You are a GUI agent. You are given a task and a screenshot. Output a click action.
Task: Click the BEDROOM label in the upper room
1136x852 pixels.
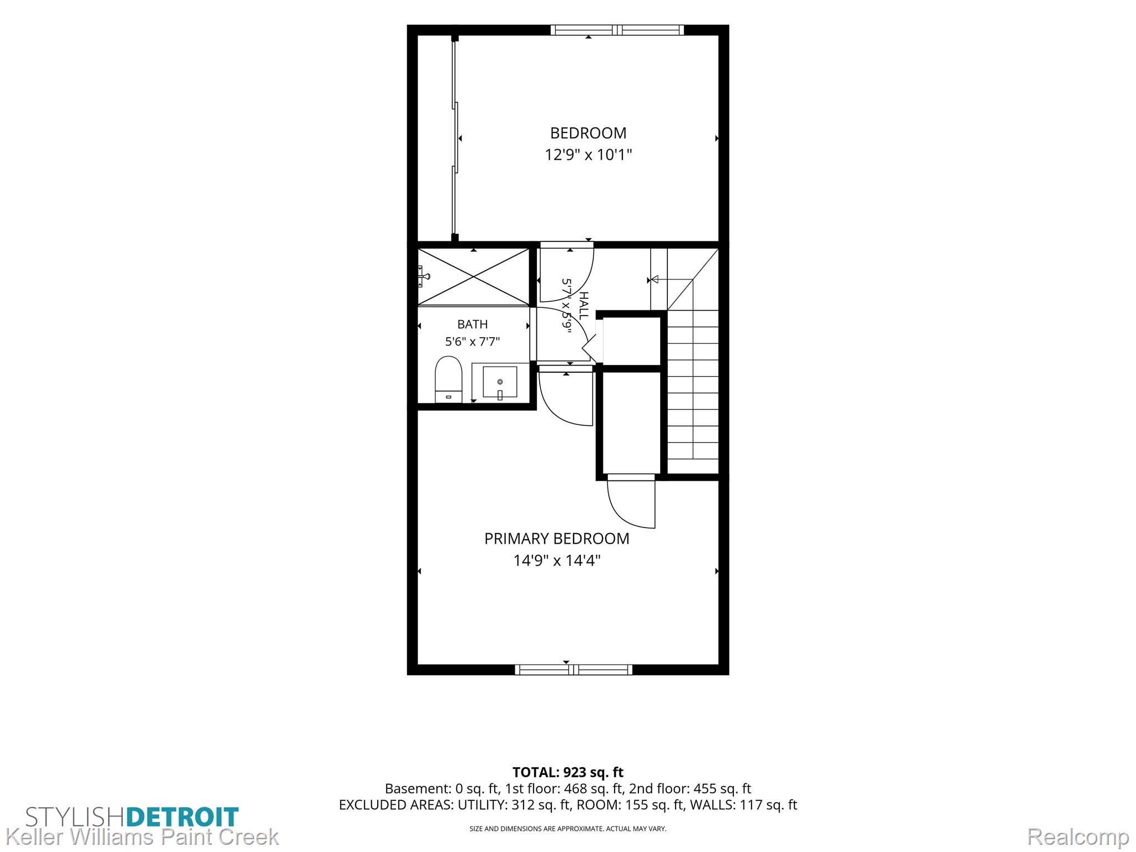click(x=588, y=133)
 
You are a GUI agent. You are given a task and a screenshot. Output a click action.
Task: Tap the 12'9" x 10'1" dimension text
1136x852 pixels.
click(x=588, y=154)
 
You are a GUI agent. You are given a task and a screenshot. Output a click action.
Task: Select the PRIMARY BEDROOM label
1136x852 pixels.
click(x=557, y=539)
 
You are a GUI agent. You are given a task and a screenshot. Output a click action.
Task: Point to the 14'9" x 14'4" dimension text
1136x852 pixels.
click(x=557, y=560)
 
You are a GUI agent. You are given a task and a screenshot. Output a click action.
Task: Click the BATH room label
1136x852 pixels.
click(x=473, y=324)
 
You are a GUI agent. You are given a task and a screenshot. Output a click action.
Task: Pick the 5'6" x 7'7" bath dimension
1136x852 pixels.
click(x=473, y=342)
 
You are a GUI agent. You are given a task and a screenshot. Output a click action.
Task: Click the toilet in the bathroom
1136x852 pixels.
click(x=449, y=379)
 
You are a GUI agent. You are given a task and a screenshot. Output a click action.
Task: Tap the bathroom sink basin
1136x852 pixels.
click(x=500, y=382)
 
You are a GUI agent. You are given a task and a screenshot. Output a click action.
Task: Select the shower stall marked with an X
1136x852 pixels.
click(x=473, y=276)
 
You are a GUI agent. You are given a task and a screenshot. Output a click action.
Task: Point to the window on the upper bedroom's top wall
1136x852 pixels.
click(x=617, y=30)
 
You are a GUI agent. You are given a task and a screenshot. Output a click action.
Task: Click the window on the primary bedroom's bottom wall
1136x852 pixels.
click(x=574, y=670)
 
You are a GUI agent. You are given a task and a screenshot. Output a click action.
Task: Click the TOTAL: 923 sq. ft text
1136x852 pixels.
click(x=567, y=772)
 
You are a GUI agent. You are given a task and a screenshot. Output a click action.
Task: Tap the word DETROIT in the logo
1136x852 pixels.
click(x=182, y=817)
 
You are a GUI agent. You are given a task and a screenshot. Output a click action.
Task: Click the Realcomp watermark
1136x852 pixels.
click(x=1078, y=836)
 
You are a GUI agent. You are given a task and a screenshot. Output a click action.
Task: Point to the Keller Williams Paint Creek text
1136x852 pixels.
click(x=142, y=837)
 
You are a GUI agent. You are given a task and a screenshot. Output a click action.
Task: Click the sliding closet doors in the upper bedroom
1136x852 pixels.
click(x=455, y=139)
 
